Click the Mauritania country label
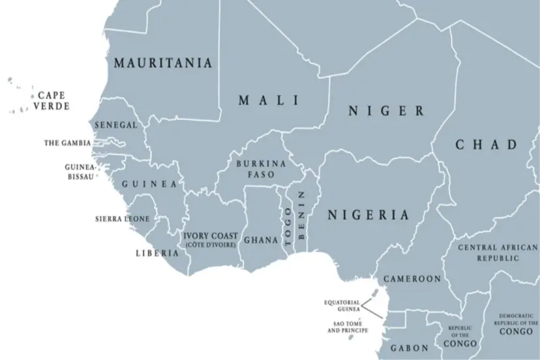click(163, 63)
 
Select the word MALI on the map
click(269, 100)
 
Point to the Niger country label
click(386, 111)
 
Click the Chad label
click(486, 145)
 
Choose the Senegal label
click(116, 125)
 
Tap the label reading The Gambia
click(67, 143)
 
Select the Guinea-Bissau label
click(81, 172)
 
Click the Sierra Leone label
click(122, 219)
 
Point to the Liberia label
click(157, 253)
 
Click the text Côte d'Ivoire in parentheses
click(211, 245)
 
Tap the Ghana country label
click(261, 240)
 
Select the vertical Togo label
click(288, 226)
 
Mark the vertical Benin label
click(301, 215)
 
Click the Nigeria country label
click(368, 215)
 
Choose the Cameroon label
click(412, 278)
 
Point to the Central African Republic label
click(498, 252)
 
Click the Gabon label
click(409, 348)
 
